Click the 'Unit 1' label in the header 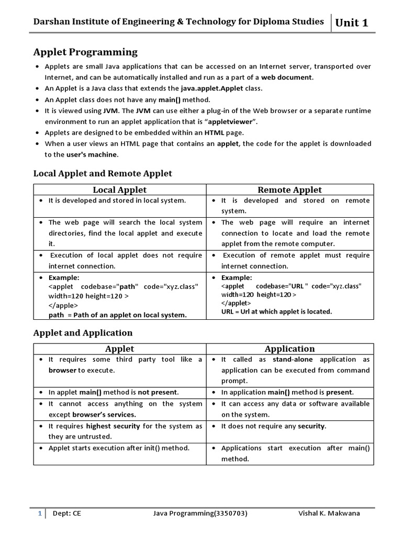pyautogui.click(x=351, y=23)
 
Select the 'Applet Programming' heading pyautogui.click(x=85, y=52)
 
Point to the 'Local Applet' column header pyautogui.click(x=120, y=189)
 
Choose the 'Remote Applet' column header pyautogui.click(x=289, y=189)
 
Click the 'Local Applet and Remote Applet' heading pyautogui.click(x=103, y=173)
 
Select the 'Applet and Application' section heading pyautogui.click(x=83, y=333)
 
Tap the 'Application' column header pyautogui.click(x=289, y=349)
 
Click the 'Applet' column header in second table pyautogui.click(x=120, y=349)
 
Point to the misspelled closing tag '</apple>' pyautogui.click(x=63, y=305)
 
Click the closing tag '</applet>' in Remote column pyautogui.click(x=236, y=303)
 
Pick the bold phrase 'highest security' pyautogui.click(x=113, y=426)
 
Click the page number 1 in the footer pyautogui.click(x=39, y=513)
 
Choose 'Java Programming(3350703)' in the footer pyautogui.click(x=200, y=513)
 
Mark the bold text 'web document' pyautogui.click(x=287, y=77)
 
